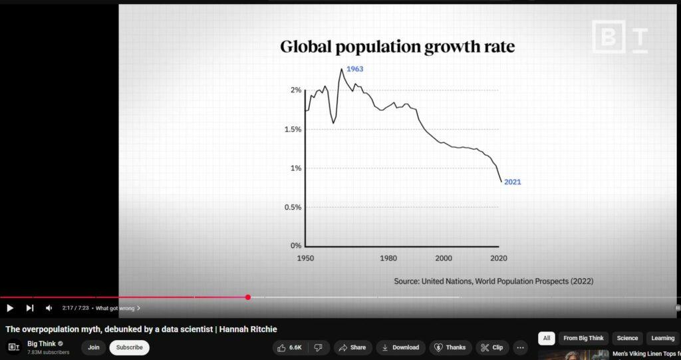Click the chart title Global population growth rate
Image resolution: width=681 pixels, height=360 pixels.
(x=397, y=47)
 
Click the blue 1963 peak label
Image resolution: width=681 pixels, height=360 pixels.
(x=354, y=69)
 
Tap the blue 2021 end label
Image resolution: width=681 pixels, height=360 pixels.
(x=512, y=182)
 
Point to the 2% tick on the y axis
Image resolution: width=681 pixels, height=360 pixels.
(x=295, y=90)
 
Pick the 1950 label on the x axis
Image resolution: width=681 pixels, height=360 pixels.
(x=306, y=258)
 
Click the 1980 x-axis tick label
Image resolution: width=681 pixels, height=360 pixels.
(x=388, y=258)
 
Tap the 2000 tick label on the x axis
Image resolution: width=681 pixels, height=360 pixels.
(x=444, y=258)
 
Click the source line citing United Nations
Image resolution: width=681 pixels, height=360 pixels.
(x=493, y=281)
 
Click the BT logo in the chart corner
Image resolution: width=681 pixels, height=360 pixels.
(x=619, y=37)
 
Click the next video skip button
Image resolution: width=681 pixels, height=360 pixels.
(x=30, y=308)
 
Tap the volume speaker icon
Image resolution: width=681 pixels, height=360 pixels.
(x=49, y=308)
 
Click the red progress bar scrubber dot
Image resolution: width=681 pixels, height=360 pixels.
(x=248, y=297)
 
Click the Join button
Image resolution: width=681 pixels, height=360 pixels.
(x=94, y=347)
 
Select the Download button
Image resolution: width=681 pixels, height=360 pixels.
(x=400, y=347)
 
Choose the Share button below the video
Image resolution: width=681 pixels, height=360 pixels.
(x=352, y=347)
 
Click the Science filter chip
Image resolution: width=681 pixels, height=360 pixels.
(x=627, y=339)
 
